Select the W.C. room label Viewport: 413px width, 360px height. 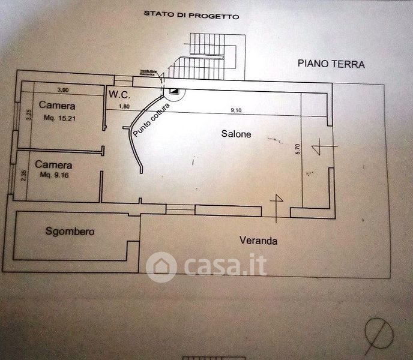tap(119, 95)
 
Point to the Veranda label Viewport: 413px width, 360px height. tap(258, 241)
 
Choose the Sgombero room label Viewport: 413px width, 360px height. tap(70, 231)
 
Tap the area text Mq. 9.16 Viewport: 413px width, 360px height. tap(56, 175)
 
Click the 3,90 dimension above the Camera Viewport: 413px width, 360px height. tap(62, 90)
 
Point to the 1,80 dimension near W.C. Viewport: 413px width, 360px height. tap(124, 107)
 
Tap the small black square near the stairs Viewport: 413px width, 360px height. tap(174, 91)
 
